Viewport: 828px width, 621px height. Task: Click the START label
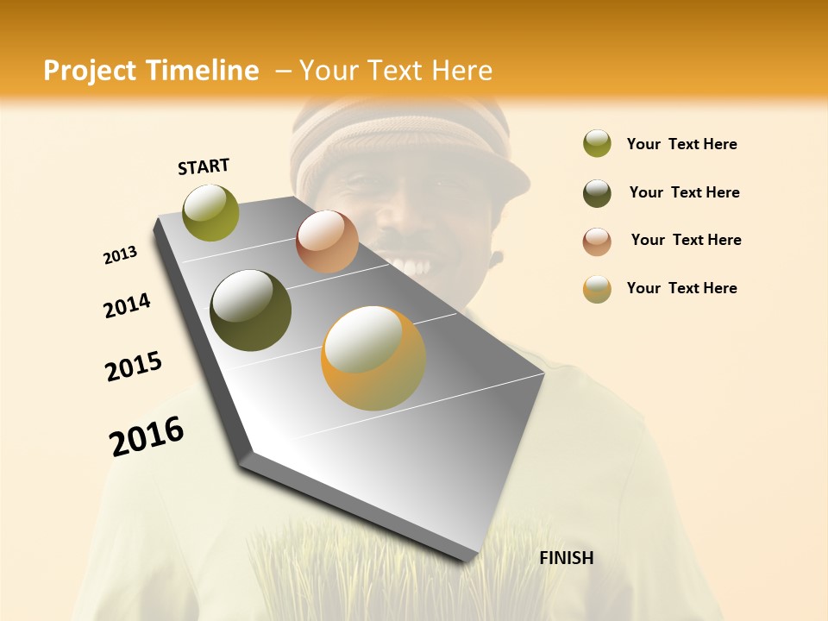click(204, 166)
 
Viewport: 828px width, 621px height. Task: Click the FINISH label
click(566, 558)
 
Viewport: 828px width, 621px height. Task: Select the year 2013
click(120, 255)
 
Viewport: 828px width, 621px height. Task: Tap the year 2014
click(127, 305)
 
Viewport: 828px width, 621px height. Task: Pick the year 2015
click(134, 366)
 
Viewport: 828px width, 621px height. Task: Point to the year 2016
click(147, 436)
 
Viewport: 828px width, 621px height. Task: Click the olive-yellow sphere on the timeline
click(210, 212)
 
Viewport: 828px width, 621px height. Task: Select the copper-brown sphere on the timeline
click(327, 241)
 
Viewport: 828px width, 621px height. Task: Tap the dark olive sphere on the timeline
click(251, 310)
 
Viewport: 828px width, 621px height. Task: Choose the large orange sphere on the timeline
click(373, 358)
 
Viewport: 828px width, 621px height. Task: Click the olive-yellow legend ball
click(597, 143)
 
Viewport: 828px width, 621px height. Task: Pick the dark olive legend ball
click(597, 193)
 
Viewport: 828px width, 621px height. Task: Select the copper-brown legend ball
click(597, 241)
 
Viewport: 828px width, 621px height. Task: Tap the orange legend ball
click(597, 289)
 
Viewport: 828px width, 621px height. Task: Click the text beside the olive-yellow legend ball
click(681, 144)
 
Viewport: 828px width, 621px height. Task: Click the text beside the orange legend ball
click(681, 288)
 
